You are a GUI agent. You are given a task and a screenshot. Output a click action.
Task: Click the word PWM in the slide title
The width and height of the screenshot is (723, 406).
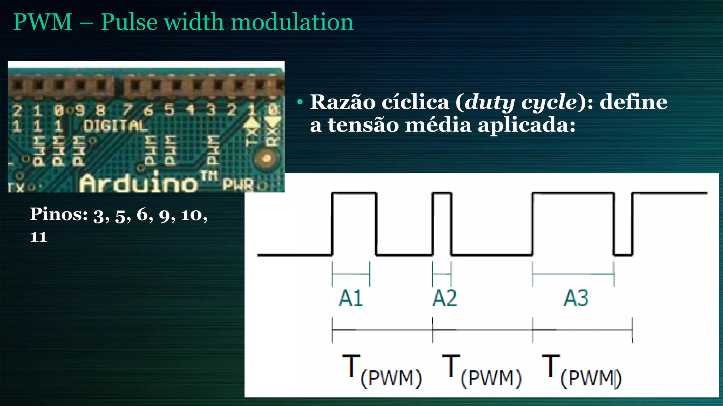tap(43, 22)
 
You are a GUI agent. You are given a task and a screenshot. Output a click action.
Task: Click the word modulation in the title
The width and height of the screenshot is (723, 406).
tap(292, 22)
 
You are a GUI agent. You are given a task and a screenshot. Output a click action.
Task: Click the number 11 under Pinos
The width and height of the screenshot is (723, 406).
tap(38, 237)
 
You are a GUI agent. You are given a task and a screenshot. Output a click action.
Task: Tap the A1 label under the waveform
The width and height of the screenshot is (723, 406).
tap(351, 299)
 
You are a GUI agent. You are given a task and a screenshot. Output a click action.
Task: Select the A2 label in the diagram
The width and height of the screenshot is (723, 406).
tap(444, 299)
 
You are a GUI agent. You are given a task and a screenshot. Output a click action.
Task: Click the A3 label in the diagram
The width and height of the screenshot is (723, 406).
tap(576, 299)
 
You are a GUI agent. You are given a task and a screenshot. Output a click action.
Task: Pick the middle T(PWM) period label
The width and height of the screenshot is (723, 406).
tap(482, 372)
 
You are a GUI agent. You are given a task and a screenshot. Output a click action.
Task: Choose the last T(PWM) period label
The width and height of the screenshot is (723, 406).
tap(581, 372)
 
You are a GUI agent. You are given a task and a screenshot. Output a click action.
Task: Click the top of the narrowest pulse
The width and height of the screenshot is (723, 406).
tap(442, 193)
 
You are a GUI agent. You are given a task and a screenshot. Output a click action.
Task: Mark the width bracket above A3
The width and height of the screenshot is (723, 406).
tap(573, 274)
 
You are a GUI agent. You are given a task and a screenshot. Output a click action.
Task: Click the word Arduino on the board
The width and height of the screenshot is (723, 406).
tap(138, 183)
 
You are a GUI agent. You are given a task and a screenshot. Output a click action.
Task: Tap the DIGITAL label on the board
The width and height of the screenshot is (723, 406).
tap(115, 126)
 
